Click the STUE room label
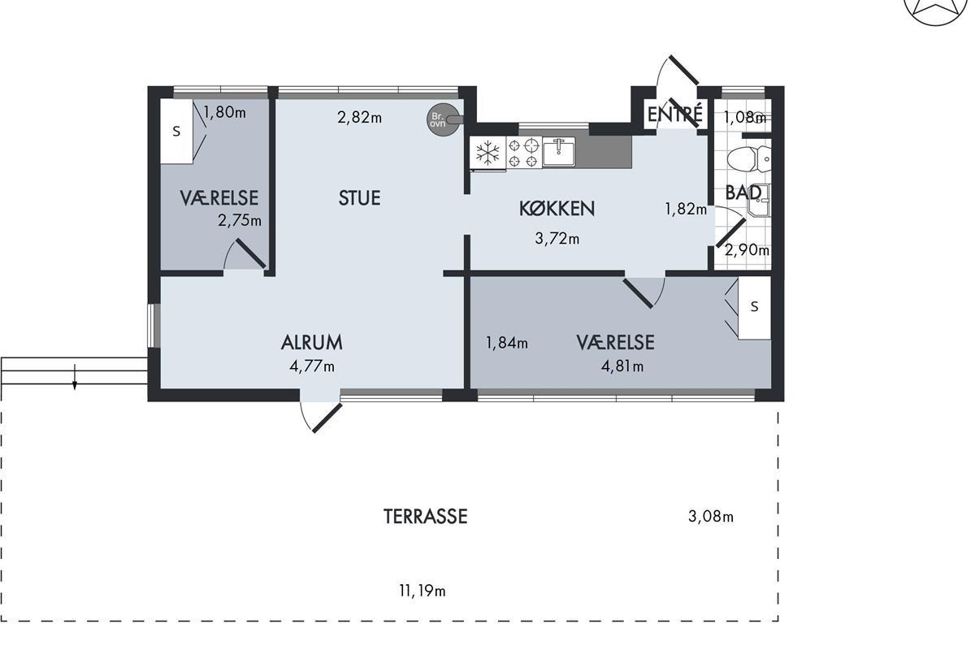(359, 198)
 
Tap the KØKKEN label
(557, 209)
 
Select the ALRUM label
(312, 343)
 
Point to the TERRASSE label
(425, 516)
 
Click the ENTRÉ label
(675, 114)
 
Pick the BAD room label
(743, 193)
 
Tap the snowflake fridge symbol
(488, 153)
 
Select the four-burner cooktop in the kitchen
(524, 153)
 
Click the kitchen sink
(559, 152)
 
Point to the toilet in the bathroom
(748, 159)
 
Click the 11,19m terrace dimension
(422, 591)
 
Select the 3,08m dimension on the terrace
(711, 517)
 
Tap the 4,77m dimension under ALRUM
(312, 366)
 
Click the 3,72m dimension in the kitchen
(557, 239)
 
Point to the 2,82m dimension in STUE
(359, 117)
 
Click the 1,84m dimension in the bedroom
(507, 343)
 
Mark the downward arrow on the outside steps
(75, 377)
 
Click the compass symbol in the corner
(935, 10)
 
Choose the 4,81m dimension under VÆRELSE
(622, 366)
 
